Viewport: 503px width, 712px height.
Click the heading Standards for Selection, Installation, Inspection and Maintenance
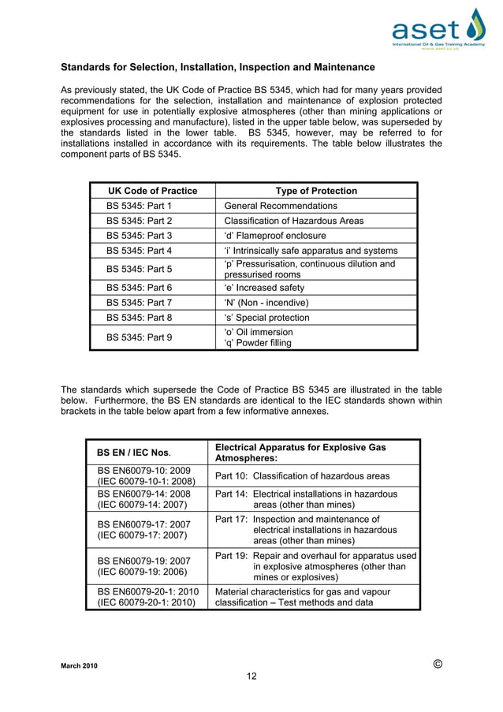218,67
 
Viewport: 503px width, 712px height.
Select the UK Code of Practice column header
151,191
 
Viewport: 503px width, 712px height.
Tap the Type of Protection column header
315,191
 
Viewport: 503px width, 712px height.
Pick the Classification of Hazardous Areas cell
293,221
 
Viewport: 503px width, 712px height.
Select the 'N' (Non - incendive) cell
266,303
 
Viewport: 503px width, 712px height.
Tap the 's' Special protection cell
266,318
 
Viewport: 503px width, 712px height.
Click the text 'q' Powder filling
258,343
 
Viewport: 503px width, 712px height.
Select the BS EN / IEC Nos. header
133,453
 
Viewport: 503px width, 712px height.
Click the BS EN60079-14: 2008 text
143,494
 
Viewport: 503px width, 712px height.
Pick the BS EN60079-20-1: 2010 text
148,591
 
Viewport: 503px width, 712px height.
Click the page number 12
251,676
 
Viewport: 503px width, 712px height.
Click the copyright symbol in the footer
438,663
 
